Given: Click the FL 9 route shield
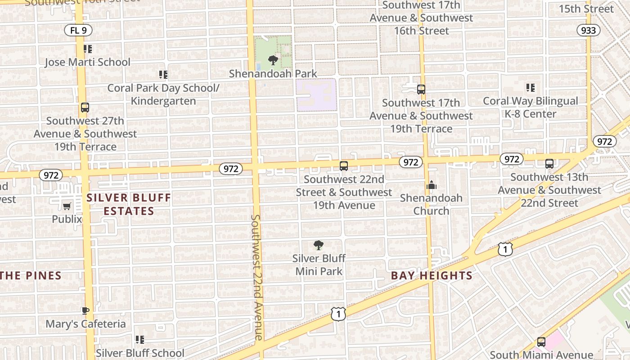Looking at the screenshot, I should pos(78,30).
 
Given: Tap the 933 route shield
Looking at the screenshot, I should pos(588,30).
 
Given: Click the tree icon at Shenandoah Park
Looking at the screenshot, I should pos(273,60).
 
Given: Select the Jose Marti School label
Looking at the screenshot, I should pos(87,62).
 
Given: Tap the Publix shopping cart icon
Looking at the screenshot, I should pos(67,206).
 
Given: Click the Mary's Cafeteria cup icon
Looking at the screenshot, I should pos(85,310).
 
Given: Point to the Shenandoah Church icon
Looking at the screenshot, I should pos(431,185).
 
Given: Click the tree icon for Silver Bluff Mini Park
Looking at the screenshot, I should pos(319,245).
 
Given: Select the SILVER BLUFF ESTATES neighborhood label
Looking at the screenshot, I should pos(129,204).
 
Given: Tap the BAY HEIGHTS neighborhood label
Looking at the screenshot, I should pos(432,276).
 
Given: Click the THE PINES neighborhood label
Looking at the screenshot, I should pos(31,276).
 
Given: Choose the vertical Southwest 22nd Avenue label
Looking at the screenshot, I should pos(256,277).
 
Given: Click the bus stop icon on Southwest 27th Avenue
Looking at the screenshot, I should pos(85,108).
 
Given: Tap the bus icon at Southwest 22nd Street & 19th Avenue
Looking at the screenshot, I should pos(344,166).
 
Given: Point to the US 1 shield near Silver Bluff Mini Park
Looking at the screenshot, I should pos(338,314).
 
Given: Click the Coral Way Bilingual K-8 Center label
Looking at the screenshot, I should pos(530,107).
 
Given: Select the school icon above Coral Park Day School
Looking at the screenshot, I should pos(163,74).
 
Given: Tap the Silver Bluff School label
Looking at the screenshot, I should pos(139,353).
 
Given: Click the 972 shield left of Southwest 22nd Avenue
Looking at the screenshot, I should pos(230,169).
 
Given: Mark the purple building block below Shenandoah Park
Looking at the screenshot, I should pos(316,95).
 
